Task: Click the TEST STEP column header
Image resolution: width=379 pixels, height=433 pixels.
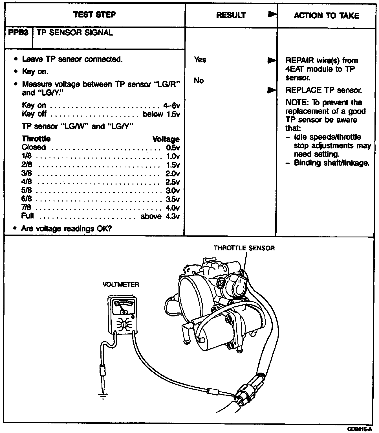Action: (94, 15)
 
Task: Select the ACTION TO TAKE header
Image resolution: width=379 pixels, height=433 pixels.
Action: (326, 16)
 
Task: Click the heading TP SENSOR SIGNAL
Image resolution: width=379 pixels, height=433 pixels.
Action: (75, 33)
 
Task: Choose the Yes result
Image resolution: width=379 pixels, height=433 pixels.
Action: (200, 60)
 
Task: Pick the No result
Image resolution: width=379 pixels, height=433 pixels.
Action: (199, 81)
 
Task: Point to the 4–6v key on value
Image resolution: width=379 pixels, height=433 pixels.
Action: (171, 106)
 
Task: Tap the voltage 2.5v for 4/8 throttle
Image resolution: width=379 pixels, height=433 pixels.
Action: (172, 182)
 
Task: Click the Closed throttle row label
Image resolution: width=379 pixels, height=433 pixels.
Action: (34, 147)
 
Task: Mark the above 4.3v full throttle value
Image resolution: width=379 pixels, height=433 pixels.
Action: (160, 216)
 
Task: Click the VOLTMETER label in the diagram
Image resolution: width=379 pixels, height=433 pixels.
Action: (121, 284)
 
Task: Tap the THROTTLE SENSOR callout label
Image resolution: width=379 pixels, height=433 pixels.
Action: (244, 248)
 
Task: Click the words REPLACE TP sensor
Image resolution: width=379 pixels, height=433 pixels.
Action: (323, 90)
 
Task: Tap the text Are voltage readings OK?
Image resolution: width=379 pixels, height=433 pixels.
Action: (66, 228)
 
